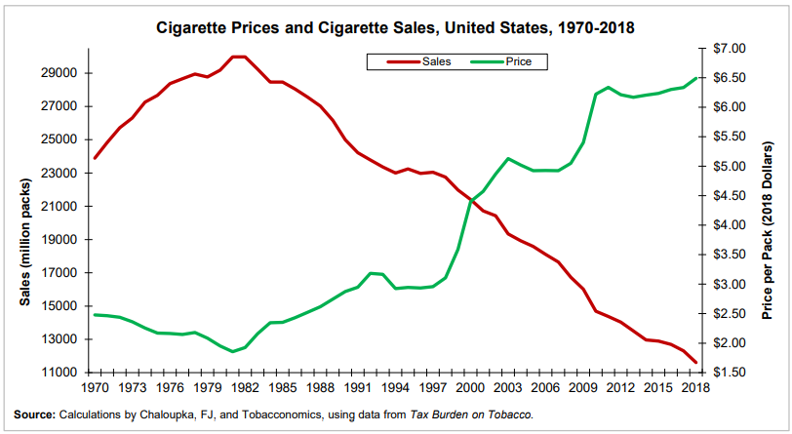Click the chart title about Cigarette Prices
click(x=396, y=27)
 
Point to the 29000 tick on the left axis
click(x=60, y=73)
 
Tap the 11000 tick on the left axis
click(x=60, y=373)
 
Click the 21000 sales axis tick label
click(x=60, y=207)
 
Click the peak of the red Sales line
click(x=239, y=57)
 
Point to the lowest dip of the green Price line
click(x=233, y=351)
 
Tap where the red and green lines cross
click(x=472, y=202)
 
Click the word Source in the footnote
click(x=33, y=414)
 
